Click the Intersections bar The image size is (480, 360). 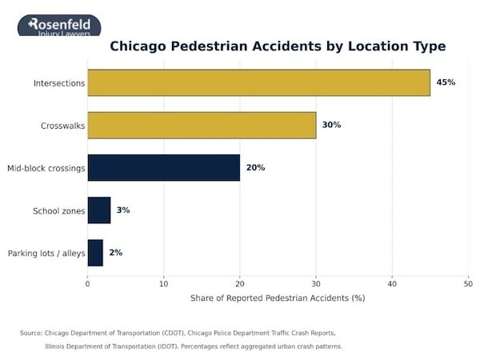258,82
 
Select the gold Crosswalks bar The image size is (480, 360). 202,125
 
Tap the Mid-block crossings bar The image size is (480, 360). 163,167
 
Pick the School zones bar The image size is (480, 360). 99,210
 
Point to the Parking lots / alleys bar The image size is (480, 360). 95,253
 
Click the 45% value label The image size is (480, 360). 446,82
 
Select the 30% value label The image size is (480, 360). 331,125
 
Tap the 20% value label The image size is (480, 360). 255,168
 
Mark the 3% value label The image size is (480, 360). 122,210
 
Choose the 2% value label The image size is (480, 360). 115,253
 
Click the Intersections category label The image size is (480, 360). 58,83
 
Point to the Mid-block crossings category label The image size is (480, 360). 46,168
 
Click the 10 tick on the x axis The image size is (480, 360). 164,282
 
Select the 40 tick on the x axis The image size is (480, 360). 392,282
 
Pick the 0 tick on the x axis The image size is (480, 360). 88,282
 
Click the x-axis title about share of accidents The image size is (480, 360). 278,298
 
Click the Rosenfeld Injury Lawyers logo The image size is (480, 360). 60,26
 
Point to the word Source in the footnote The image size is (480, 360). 31,333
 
